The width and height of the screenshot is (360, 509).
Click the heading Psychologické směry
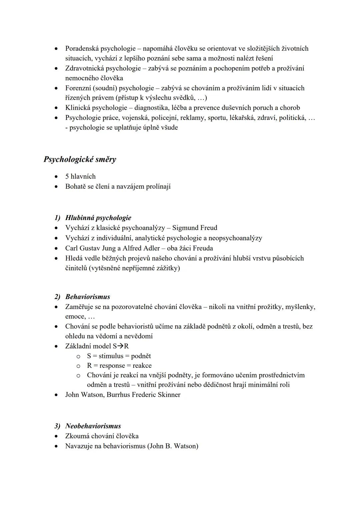[x=80, y=159]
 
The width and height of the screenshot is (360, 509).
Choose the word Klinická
[x=78, y=108]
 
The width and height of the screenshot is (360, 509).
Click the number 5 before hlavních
[x=67, y=176]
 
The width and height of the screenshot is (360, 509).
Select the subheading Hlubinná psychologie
[x=98, y=218]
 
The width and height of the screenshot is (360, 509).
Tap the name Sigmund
[x=184, y=228]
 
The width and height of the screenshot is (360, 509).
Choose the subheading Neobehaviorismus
[x=93, y=426]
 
